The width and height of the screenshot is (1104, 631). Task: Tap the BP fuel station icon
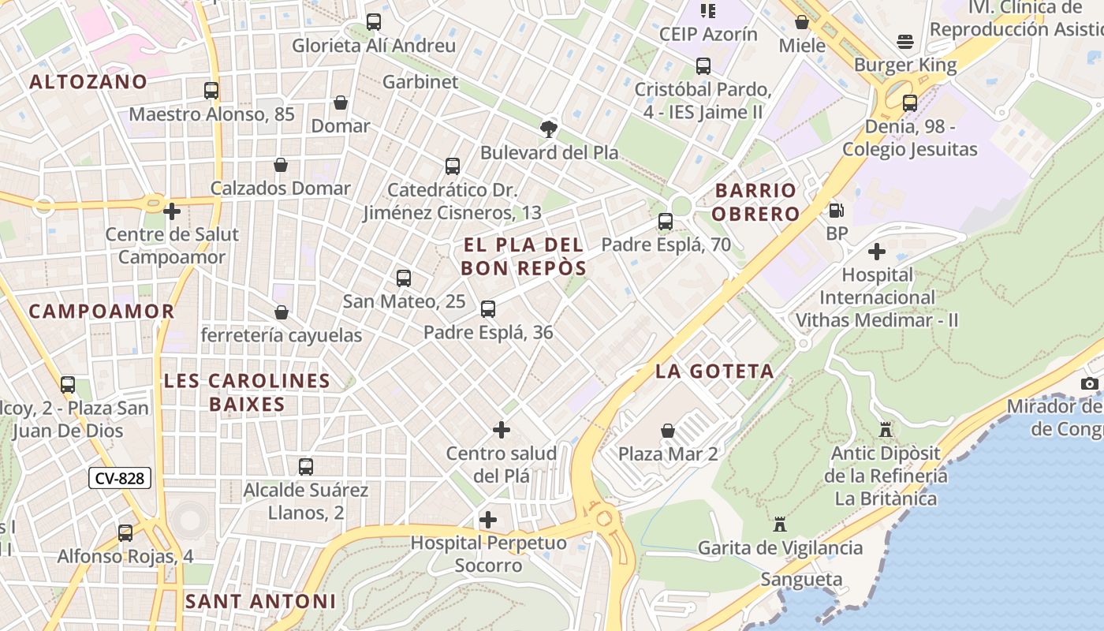click(x=836, y=211)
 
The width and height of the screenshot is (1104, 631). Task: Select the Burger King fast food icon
click(x=904, y=42)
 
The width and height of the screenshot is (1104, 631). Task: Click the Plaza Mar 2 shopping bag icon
click(x=668, y=431)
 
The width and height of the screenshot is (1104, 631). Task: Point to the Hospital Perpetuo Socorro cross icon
click(x=488, y=520)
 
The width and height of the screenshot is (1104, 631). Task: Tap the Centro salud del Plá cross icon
click(x=502, y=430)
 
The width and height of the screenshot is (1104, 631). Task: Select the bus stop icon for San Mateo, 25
click(x=404, y=278)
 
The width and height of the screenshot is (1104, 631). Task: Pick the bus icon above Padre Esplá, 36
click(x=488, y=309)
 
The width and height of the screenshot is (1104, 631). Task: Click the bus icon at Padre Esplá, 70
click(x=666, y=222)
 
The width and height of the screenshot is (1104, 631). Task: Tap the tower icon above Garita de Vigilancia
click(x=780, y=524)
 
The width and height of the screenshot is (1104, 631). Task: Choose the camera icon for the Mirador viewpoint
click(x=1090, y=383)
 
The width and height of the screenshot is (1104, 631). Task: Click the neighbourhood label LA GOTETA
click(x=714, y=371)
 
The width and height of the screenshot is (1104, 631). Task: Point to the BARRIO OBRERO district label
click(x=756, y=202)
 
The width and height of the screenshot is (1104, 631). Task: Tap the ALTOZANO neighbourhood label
click(x=88, y=81)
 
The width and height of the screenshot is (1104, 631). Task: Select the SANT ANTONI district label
click(x=260, y=601)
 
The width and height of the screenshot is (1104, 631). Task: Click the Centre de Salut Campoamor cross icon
click(x=172, y=211)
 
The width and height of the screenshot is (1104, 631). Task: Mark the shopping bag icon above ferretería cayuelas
click(x=282, y=312)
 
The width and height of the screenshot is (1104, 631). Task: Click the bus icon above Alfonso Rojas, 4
click(x=125, y=533)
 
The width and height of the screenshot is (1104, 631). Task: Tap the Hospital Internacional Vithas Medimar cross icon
click(x=877, y=252)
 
